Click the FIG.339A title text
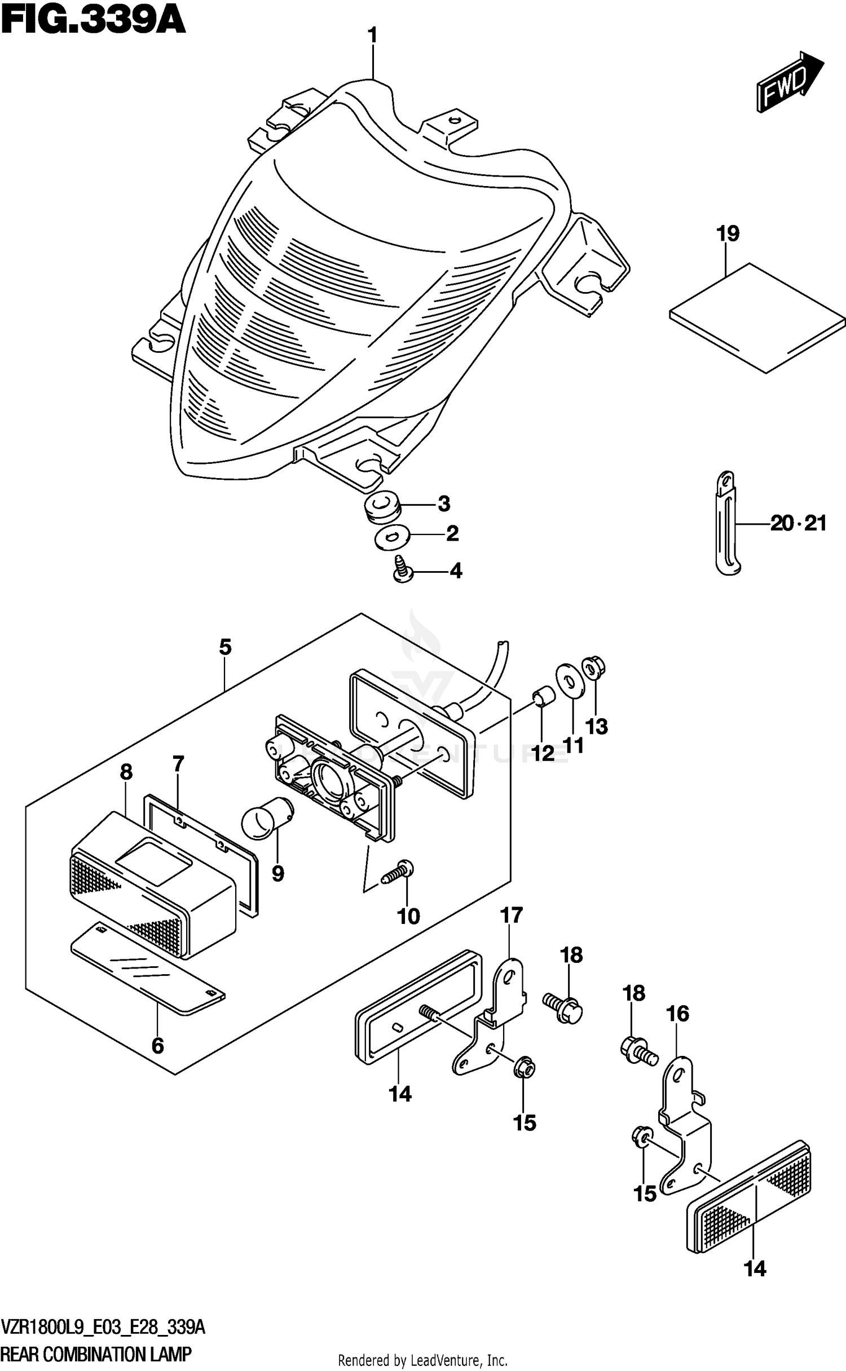tap(94, 21)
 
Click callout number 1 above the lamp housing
tap(372, 36)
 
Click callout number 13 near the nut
tap(597, 727)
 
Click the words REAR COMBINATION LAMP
tap(96, 1353)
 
